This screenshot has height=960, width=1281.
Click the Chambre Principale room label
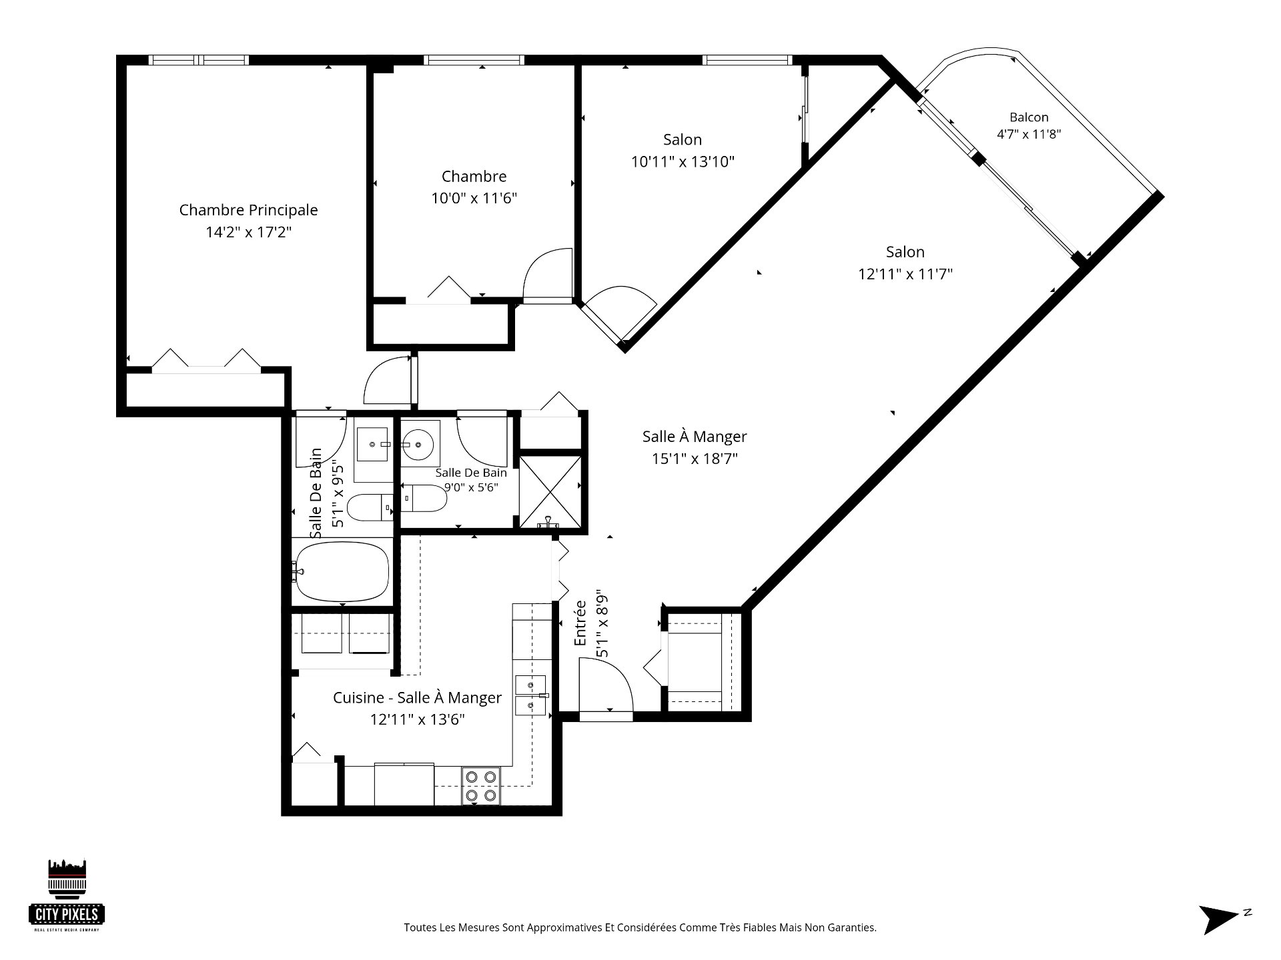pyautogui.click(x=248, y=210)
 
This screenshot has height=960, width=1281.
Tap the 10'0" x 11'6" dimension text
pyautogui.click(x=474, y=198)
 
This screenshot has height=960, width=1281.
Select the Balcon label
pyautogui.click(x=1029, y=117)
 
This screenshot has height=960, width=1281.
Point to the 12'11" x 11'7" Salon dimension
pyautogui.click(x=905, y=274)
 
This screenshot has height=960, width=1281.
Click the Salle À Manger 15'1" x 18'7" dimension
pyautogui.click(x=695, y=459)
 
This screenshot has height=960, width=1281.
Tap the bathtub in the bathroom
pyautogui.click(x=342, y=571)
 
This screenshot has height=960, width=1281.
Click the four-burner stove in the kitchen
pyautogui.click(x=481, y=786)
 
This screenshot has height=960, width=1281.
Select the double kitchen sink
pyautogui.click(x=530, y=695)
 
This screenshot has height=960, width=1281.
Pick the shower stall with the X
pyautogui.click(x=550, y=491)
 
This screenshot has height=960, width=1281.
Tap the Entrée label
pyautogui.click(x=580, y=623)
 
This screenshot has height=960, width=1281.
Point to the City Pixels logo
pyautogui.click(x=67, y=895)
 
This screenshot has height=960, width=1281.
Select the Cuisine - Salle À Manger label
pyautogui.click(x=417, y=698)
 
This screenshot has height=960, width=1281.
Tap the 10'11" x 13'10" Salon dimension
pyautogui.click(x=683, y=161)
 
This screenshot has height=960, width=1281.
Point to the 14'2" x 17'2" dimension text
pyautogui.click(x=249, y=232)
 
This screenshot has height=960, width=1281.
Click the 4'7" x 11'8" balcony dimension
pyautogui.click(x=1029, y=133)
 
